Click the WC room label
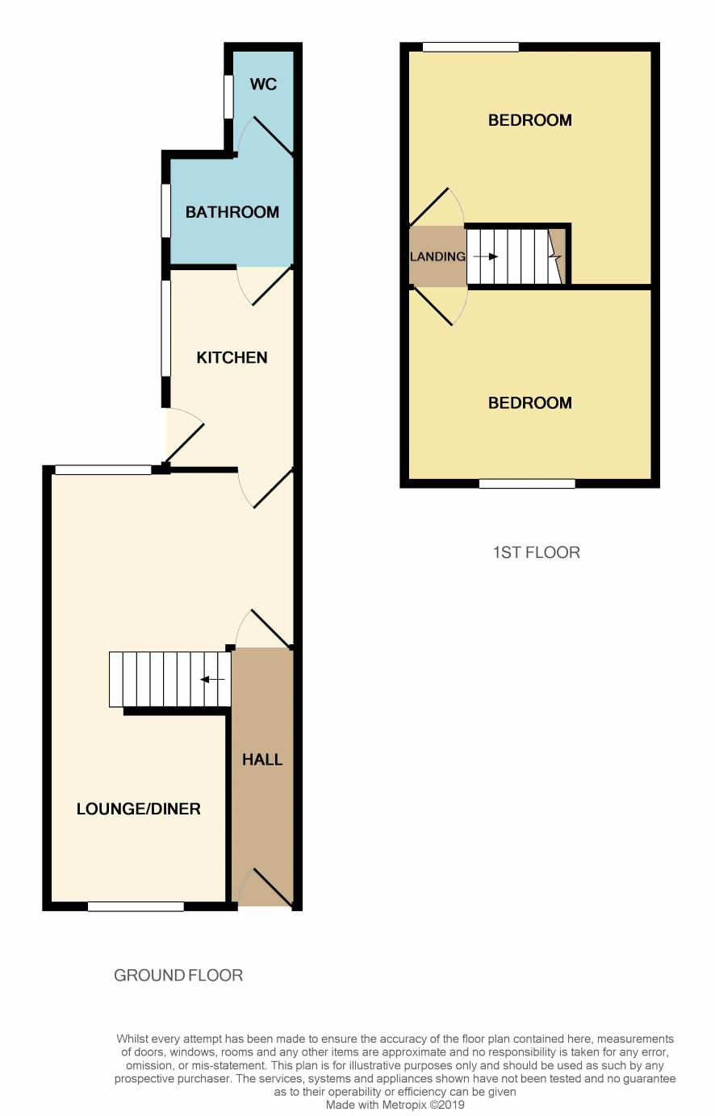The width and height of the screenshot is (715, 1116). [x=263, y=84]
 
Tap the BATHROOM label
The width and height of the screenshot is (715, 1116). [x=232, y=212]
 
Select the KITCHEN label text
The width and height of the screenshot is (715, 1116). [x=232, y=357]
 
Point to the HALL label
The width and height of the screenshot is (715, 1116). [x=262, y=760]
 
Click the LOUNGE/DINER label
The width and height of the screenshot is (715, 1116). [x=139, y=809]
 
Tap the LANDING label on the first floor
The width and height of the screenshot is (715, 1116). [x=437, y=256]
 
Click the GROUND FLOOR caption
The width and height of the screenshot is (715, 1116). [x=178, y=975]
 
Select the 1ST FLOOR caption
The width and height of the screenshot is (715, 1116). [x=537, y=552]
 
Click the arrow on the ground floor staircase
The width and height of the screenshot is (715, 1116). [x=212, y=679]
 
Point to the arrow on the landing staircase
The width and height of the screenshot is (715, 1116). [x=486, y=256]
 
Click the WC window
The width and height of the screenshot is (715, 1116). [x=229, y=97]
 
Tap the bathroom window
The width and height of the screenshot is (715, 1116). [x=166, y=210]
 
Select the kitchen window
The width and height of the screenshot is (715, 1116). [x=166, y=328]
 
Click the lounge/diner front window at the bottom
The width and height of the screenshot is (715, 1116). [x=136, y=906]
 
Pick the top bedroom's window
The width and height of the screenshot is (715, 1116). [x=470, y=48]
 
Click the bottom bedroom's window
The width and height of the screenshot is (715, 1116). [x=527, y=483]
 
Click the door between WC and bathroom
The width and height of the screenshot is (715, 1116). [x=267, y=137]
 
